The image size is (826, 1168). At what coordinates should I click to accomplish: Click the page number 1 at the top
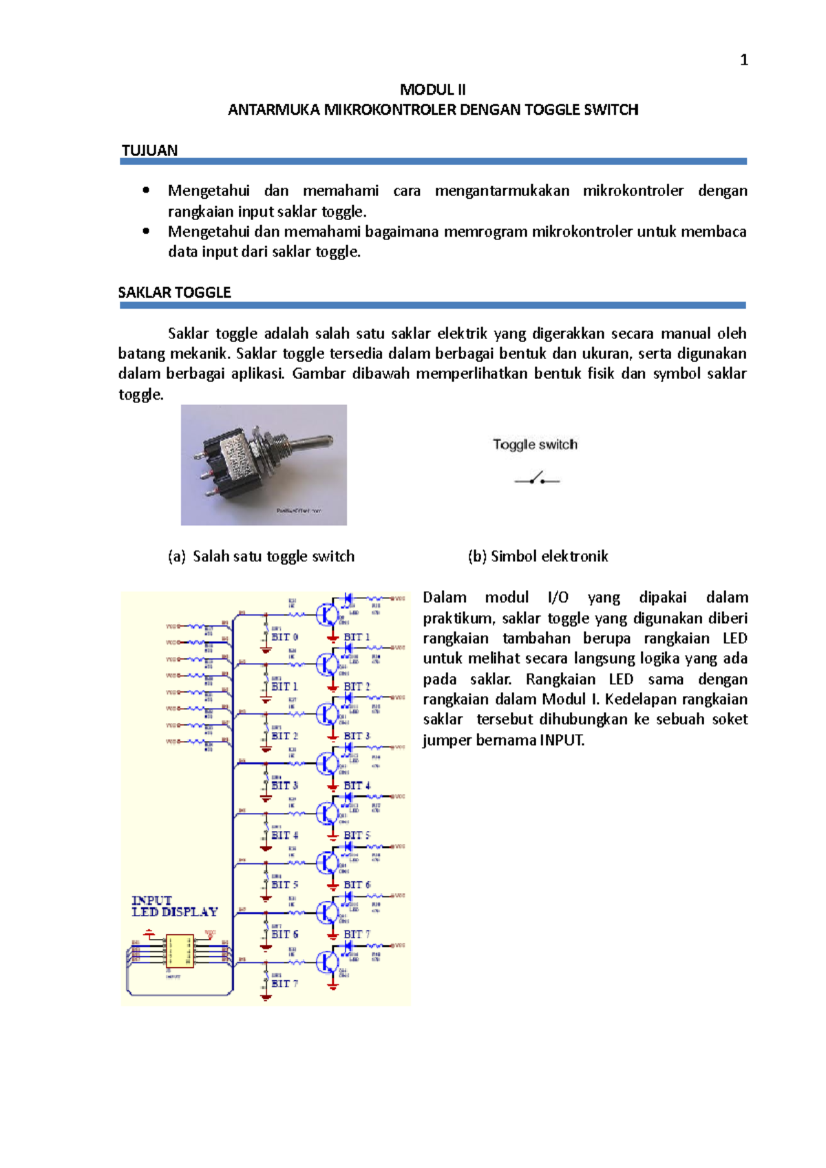pos(743,61)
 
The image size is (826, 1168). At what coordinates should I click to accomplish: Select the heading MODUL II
pos(433,89)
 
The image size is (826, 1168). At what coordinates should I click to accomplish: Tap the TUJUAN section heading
pos(149,151)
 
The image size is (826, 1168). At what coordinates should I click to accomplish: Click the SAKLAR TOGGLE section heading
pos(174,292)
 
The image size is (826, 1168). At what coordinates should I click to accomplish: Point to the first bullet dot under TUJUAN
pos(146,191)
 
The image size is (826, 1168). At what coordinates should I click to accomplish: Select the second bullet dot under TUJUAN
pos(146,231)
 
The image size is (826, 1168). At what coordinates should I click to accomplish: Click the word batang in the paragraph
pos(142,354)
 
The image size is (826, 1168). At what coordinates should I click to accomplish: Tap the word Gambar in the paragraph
pos(318,374)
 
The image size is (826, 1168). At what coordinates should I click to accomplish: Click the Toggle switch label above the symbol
pos(535,444)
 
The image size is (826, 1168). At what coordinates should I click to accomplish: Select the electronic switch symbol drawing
pos(537,479)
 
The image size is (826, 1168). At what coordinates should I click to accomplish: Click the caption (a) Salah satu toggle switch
pos(261,556)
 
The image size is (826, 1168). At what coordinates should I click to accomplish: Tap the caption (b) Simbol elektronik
pos(538,556)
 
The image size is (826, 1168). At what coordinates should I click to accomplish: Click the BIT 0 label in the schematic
pos(284,637)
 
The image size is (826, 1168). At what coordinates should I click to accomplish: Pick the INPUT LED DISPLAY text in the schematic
pos(174,907)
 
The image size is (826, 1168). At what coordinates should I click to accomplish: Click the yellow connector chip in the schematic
pos(180,951)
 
